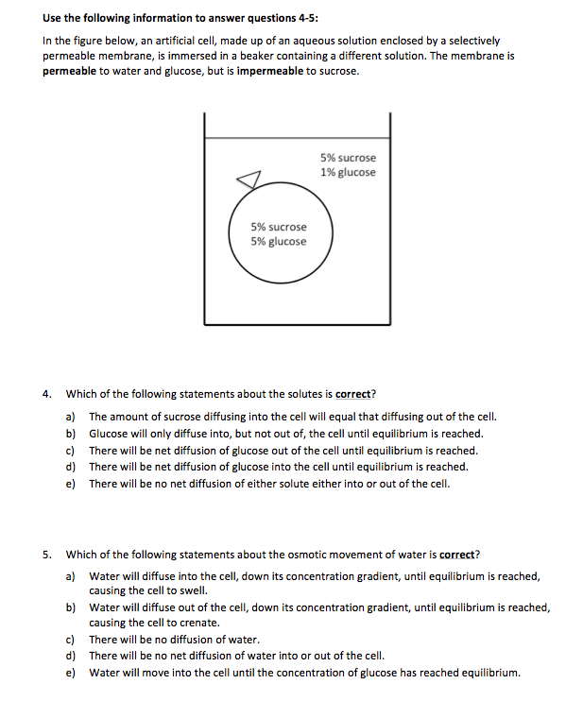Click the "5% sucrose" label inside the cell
(278, 227)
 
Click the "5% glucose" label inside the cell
(278, 241)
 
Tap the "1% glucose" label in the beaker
(348, 172)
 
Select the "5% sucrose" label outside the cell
(348, 158)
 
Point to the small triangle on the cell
(248, 180)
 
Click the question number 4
(47, 394)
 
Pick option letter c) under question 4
(71, 451)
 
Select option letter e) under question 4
(71, 484)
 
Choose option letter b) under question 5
(71, 607)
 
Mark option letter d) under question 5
(71, 656)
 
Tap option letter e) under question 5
(71, 673)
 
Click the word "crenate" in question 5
(198, 623)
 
